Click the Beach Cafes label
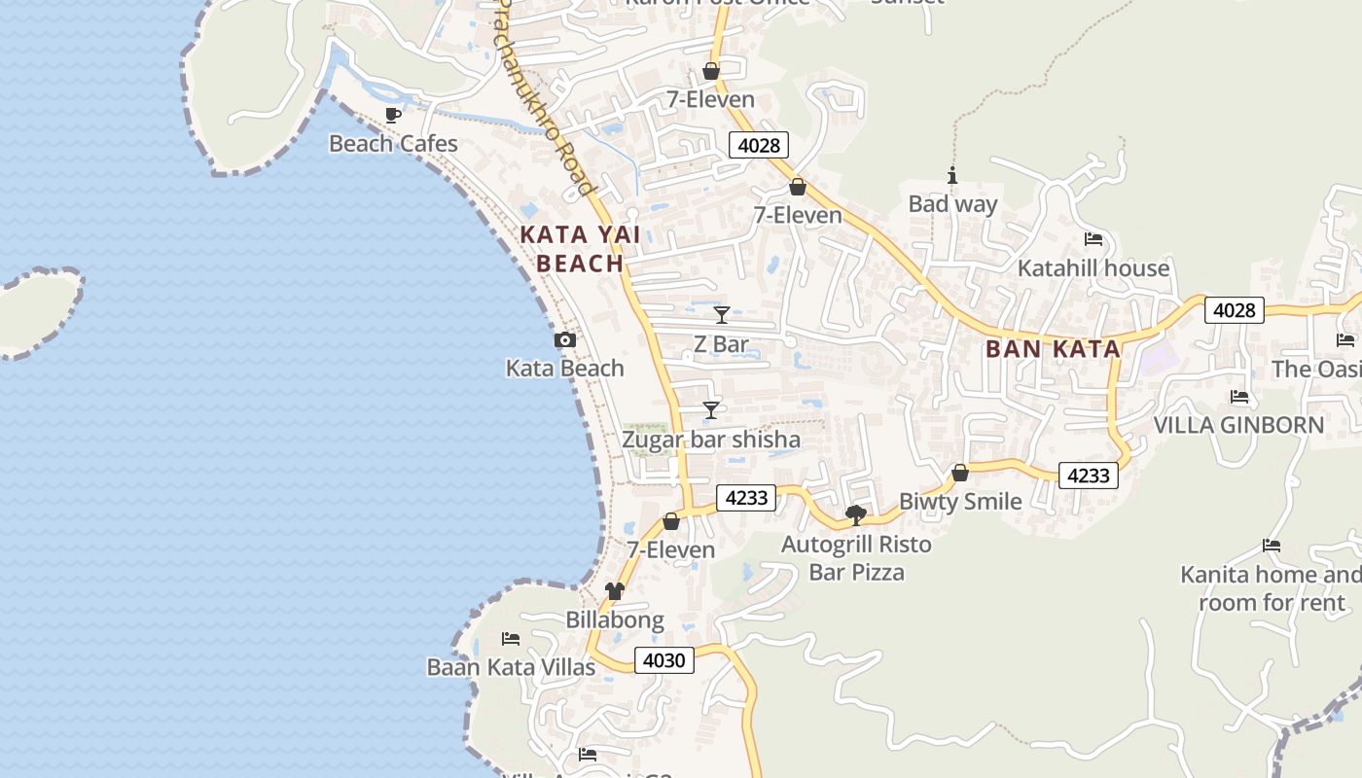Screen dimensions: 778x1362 [x=393, y=144]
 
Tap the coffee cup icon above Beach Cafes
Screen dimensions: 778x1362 [x=393, y=115]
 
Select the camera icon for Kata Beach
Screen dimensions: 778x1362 [x=564, y=339]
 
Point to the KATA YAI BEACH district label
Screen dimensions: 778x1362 [x=572, y=249]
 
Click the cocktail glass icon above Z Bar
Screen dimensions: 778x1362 [x=722, y=314]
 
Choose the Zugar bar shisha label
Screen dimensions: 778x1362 [x=711, y=440]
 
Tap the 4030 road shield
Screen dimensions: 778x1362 [x=665, y=660]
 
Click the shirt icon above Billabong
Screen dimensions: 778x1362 [x=614, y=590]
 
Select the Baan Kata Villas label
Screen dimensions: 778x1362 [x=511, y=667]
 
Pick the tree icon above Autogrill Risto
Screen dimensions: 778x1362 [x=856, y=514]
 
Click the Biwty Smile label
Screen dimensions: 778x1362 [x=960, y=502]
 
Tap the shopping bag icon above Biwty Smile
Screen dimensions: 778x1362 [x=960, y=473]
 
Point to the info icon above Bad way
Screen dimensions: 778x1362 [x=952, y=175]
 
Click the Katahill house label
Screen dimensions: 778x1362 [x=1093, y=268]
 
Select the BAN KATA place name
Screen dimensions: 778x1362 [x=1054, y=349]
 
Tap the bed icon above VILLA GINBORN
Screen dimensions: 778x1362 [x=1238, y=396]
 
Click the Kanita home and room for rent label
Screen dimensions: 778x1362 [x=1271, y=588]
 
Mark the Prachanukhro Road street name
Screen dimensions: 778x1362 [x=546, y=97]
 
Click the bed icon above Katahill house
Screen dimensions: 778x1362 [x=1093, y=239]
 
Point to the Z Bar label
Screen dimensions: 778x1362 [x=721, y=344]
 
